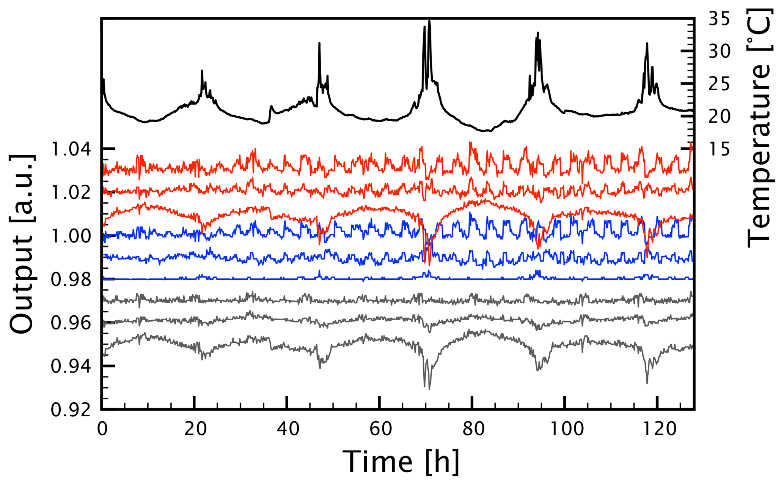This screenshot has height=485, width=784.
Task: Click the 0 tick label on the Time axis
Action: [102, 429]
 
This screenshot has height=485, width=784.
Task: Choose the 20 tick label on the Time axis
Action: [195, 429]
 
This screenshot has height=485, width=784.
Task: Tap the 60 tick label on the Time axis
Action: [380, 429]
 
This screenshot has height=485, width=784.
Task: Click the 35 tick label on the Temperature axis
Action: [719, 19]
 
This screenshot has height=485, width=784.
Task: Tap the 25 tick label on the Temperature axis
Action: [719, 84]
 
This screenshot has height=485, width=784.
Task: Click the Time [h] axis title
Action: [401, 462]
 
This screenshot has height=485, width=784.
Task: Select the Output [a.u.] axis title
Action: [22, 244]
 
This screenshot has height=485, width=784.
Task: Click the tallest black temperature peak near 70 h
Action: [429, 21]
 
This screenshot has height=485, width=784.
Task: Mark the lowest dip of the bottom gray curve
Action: [429, 389]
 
